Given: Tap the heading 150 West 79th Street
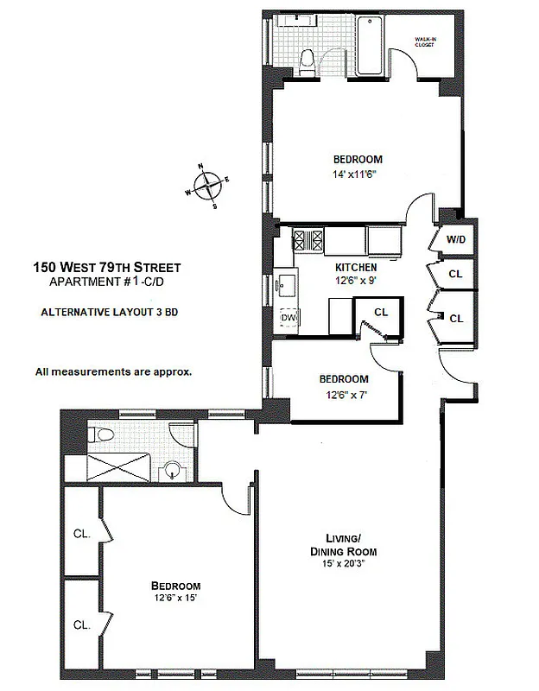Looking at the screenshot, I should [106, 268].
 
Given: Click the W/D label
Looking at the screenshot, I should [455, 239].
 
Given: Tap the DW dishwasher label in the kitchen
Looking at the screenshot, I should [288, 318].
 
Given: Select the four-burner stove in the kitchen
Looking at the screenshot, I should [308, 239].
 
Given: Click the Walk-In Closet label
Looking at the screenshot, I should [429, 42].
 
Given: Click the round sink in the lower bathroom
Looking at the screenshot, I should [175, 471].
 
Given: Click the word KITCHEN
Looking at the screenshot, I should [357, 268].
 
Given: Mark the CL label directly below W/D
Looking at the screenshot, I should [455, 274].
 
